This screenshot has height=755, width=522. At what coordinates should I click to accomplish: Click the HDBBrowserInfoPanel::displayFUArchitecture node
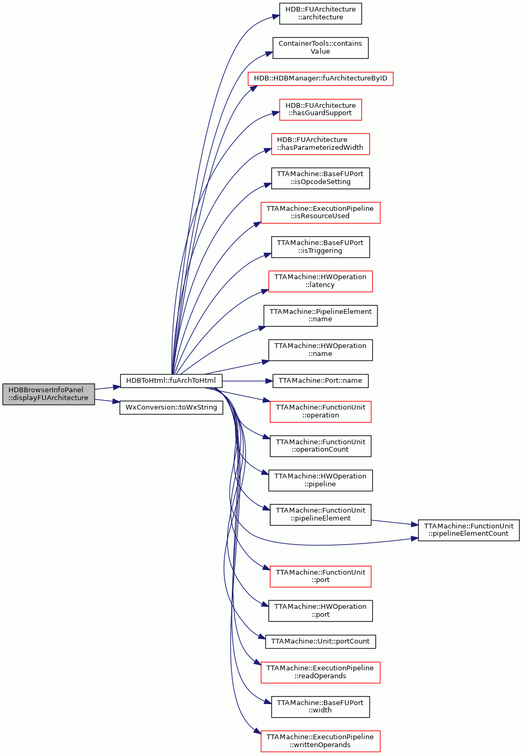pyautogui.click(x=48, y=394)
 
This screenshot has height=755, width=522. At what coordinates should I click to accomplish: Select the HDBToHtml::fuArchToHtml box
pyautogui.click(x=171, y=381)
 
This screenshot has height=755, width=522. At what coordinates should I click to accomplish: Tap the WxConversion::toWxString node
pyautogui.click(x=171, y=407)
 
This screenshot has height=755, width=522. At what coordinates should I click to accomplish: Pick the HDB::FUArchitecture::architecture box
pyautogui.click(x=321, y=14)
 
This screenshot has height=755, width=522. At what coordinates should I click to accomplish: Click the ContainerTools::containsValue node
pyautogui.click(x=321, y=48)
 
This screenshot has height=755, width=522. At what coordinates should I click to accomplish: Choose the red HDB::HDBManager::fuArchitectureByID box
pyautogui.click(x=321, y=78)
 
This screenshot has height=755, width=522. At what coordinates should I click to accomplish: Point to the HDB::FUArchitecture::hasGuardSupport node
pyautogui.click(x=321, y=109)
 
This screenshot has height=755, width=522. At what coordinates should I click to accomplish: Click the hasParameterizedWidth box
pyautogui.click(x=321, y=144)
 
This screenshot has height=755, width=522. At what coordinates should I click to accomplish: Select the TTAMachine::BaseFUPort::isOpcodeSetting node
pyautogui.click(x=321, y=178)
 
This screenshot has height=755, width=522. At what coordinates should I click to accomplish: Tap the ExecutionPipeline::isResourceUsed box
pyautogui.click(x=321, y=213)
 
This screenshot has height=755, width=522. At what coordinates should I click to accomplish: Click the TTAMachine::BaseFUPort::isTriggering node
pyautogui.click(x=321, y=247)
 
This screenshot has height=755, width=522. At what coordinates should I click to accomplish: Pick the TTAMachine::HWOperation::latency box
pyautogui.click(x=321, y=281)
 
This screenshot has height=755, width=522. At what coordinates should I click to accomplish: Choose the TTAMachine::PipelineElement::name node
pyautogui.click(x=321, y=315)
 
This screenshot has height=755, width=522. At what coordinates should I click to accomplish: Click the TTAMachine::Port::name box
pyautogui.click(x=321, y=381)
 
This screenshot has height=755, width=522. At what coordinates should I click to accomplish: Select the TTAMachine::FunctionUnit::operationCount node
pyautogui.click(x=321, y=446)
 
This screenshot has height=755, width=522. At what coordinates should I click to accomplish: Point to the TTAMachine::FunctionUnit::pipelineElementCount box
pyautogui.click(x=468, y=530)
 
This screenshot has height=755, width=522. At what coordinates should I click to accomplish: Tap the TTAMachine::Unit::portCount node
pyautogui.click(x=321, y=641)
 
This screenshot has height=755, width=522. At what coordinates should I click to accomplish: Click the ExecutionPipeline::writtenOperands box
pyautogui.click(x=321, y=741)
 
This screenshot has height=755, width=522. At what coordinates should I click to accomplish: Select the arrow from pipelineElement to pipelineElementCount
pyautogui.click(x=395, y=523)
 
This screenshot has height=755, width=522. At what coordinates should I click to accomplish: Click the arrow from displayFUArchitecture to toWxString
pyautogui.click(x=107, y=401)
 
